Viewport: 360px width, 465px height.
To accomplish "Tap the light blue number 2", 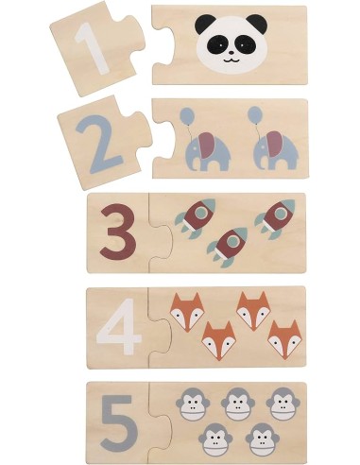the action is click(98, 145).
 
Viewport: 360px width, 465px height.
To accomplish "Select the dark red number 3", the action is click(118, 232).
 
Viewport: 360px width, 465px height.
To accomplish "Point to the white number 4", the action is click(118, 326).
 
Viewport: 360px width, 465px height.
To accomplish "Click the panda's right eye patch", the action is click(247, 44).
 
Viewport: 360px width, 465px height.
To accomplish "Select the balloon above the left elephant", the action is click(187, 115).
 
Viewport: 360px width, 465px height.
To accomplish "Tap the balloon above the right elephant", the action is click(255, 113).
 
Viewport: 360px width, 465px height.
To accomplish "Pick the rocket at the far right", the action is click(275, 218).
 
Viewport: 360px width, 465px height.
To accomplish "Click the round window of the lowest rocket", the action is click(232, 241).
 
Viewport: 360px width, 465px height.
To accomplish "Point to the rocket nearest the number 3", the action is click(196, 218).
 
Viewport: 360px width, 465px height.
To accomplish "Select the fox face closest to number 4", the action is click(187, 312).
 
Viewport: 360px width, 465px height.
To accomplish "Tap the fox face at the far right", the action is click(284, 340).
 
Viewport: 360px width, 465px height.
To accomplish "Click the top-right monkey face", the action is click(283, 404).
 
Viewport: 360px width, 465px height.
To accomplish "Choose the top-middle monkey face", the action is click(238, 404).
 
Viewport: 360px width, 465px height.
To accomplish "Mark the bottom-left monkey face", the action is click(215, 439).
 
